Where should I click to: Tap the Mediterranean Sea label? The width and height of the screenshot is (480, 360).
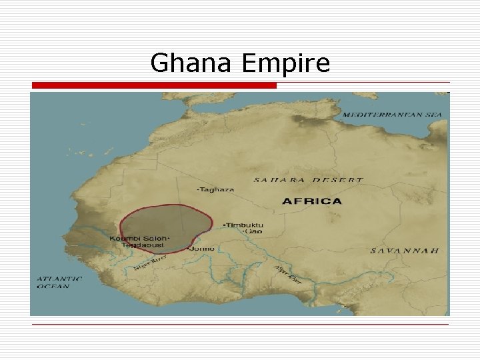pos(392,115)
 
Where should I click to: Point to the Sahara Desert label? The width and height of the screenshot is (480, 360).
pos(308,180)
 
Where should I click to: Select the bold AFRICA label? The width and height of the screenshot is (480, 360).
pos(312,201)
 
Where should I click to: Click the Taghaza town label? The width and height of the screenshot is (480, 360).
pos(217,189)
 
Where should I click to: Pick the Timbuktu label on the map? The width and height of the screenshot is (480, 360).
pos(245,225)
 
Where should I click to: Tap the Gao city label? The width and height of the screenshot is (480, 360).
pos(254,232)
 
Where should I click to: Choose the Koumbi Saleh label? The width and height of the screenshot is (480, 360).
pos(138,238)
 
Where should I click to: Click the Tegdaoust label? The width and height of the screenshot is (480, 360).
pos(142,245)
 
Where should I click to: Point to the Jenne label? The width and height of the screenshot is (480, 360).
pos(203,249)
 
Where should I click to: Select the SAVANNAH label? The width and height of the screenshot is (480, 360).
pos(405,251)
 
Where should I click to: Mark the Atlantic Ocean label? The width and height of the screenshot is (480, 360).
pos(59,282)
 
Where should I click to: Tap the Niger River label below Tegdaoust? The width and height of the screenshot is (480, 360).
pos(149,263)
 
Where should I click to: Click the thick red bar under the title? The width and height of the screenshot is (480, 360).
pos(154,85)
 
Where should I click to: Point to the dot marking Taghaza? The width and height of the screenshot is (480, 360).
pos(197,189)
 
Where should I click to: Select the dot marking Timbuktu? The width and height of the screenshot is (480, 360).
pos(224,225)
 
